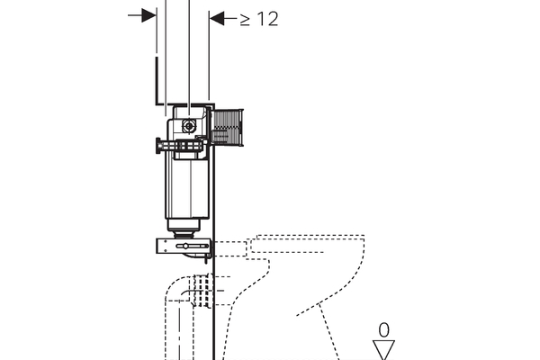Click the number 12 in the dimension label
click(267, 19)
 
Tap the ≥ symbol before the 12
click(245, 19)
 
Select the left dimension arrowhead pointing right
click(148, 15)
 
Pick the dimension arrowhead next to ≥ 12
click(217, 18)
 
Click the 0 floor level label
click(383, 330)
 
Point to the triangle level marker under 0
click(383, 350)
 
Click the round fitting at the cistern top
click(188, 126)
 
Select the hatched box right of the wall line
click(228, 127)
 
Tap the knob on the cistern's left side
click(158, 146)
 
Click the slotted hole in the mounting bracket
click(193, 246)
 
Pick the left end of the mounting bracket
click(157, 247)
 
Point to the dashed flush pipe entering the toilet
click(230, 248)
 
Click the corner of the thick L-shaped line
click(157, 104)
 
